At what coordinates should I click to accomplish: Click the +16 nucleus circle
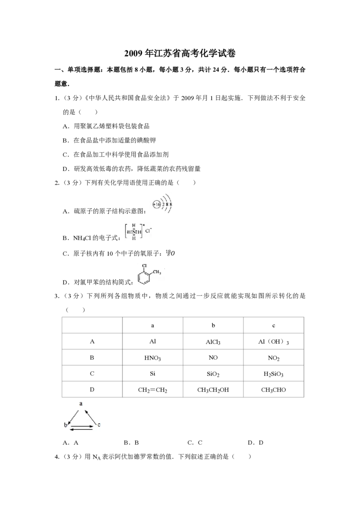point(156,204)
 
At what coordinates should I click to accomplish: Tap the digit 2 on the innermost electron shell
point(162,204)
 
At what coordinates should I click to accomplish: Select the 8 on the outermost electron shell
point(171,204)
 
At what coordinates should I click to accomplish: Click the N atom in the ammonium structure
point(134,232)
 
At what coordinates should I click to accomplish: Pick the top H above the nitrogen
point(134,226)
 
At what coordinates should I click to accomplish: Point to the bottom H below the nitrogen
point(134,237)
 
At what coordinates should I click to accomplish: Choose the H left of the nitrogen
point(129,232)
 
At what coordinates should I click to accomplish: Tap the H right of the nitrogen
point(139,232)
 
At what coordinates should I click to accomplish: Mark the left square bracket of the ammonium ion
point(125,231)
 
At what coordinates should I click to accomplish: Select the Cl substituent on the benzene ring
point(144,266)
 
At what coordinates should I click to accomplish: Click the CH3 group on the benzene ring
point(157,272)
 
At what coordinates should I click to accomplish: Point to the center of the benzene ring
point(144,278)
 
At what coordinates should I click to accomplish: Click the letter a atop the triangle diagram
point(81,404)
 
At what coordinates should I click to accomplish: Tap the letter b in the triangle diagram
point(65,425)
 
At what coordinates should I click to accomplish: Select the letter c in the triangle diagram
point(99,424)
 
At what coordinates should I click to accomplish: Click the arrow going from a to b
point(74,416)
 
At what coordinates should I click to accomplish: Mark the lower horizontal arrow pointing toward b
point(81,429)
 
